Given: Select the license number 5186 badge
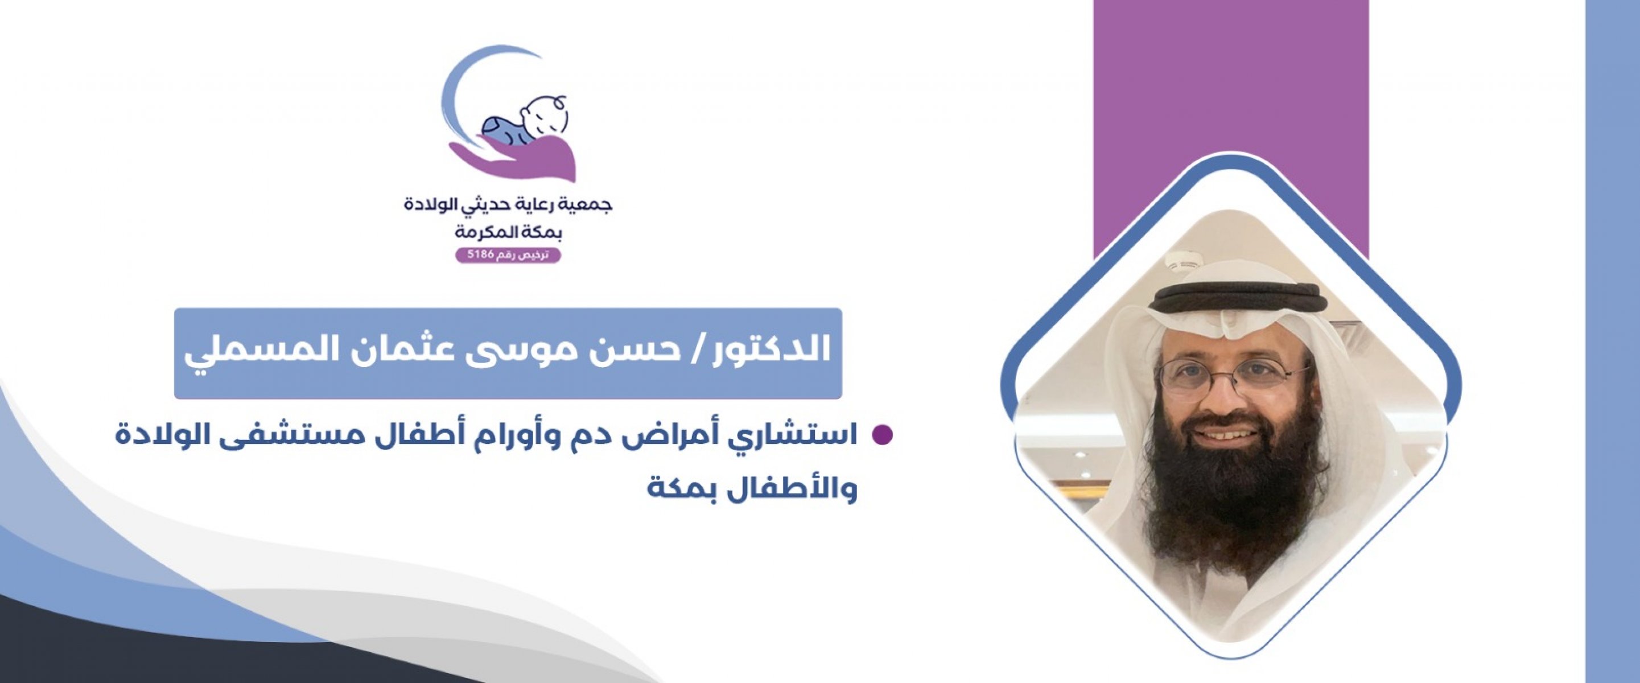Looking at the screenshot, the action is pos(508,255).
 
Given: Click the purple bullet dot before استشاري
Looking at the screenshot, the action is pos(882,435).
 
